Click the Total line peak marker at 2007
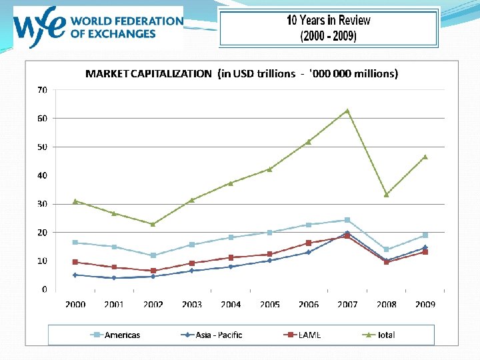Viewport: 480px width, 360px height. click(x=347, y=111)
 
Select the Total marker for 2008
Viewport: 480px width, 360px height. click(x=386, y=195)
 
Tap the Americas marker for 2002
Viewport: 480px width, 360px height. click(x=153, y=255)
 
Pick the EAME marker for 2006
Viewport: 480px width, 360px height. click(x=309, y=243)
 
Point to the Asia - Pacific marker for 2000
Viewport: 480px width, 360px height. click(x=75, y=275)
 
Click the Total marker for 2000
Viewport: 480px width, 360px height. click(x=75, y=201)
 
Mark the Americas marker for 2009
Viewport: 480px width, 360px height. click(x=425, y=235)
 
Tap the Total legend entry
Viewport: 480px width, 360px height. click(x=378, y=335)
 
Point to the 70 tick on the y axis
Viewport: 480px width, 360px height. click(x=42, y=89)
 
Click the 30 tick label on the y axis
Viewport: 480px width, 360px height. click(x=42, y=204)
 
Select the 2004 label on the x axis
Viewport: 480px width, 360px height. click(x=231, y=305)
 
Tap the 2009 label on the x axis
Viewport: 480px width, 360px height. click(x=425, y=305)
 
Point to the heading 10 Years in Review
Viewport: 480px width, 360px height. click(x=328, y=20)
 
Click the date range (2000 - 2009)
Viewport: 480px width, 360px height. click(x=328, y=36)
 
